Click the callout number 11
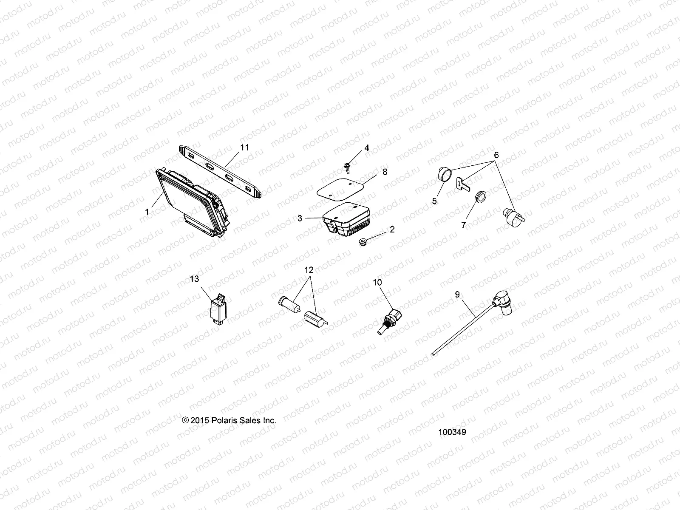coord(244,147)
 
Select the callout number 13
coord(194,279)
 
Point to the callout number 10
coord(377,282)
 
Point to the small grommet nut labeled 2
coord(362,244)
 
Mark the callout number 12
coord(309,270)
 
